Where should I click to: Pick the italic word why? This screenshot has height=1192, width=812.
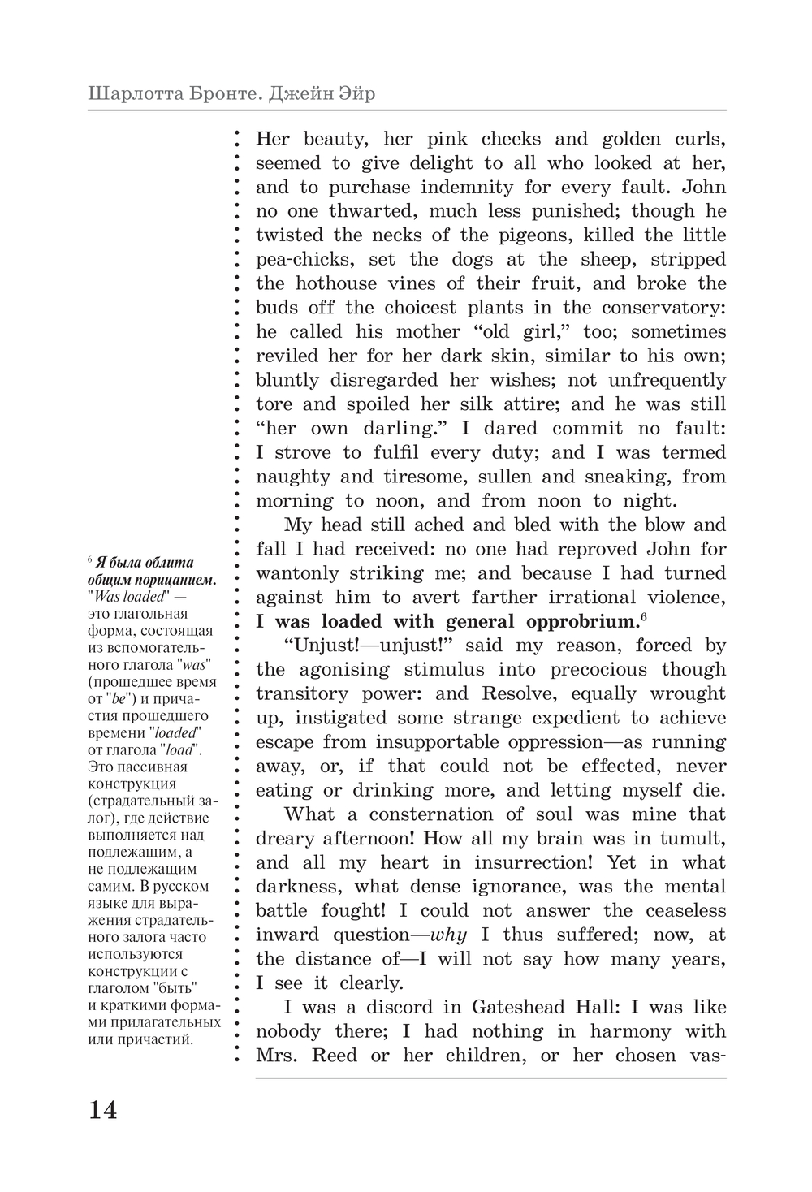tap(448, 935)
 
